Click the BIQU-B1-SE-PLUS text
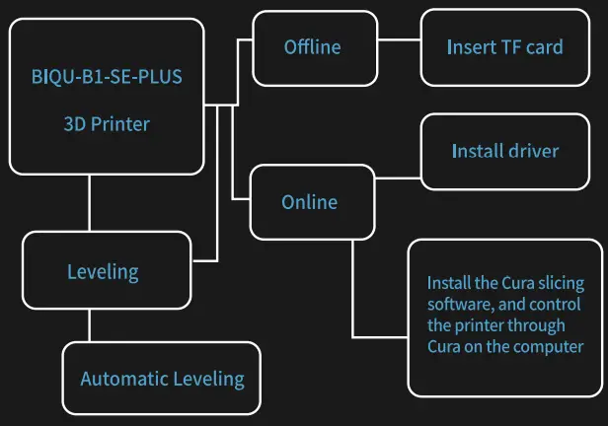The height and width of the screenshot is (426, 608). point(107,76)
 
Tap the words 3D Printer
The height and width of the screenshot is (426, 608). point(107,125)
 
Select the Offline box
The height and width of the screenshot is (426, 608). point(312,47)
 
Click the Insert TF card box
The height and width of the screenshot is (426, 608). point(504,47)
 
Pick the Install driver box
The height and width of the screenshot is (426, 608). point(504,152)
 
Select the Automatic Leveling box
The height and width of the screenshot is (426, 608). point(162,378)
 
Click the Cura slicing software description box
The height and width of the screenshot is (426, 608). point(504,314)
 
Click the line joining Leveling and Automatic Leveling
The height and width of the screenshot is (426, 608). point(90,325)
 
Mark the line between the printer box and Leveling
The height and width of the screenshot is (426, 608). point(90,203)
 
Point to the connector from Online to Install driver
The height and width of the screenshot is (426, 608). point(398,178)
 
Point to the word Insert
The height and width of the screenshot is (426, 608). point(468,47)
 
